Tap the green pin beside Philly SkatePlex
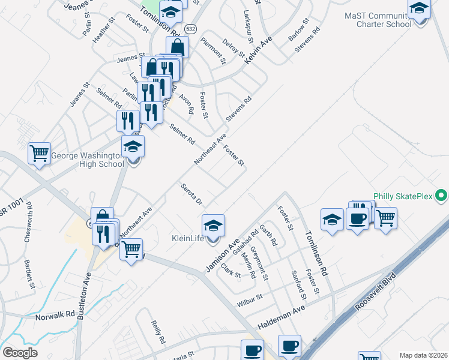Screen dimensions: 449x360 pos(442,196)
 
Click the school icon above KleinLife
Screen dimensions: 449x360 pos(213,226)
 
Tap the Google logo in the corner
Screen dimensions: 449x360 pos(20,353)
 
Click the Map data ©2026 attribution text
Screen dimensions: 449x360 pos(423,355)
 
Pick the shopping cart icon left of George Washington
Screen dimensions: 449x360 pos(39,152)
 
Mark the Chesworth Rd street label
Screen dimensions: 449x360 pos(29,223)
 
